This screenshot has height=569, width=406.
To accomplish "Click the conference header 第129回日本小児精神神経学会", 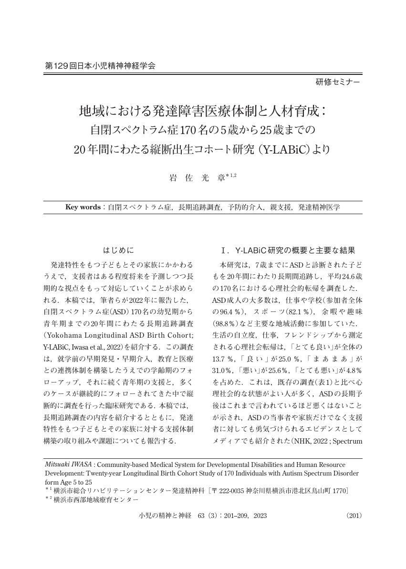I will [x=100, y=66].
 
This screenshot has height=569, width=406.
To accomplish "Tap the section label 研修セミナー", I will [x=338, y=82].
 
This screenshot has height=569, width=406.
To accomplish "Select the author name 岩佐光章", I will [x=198, y=178].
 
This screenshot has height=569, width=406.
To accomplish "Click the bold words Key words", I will [x=83, y=207].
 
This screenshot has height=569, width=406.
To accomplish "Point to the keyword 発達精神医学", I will [x=319, y=207].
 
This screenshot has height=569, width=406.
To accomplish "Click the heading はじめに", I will [x=119, y=249].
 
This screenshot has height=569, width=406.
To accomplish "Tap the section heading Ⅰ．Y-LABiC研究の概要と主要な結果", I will [x=288, y=250].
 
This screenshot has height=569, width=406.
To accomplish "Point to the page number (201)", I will [x=354, y=516].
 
